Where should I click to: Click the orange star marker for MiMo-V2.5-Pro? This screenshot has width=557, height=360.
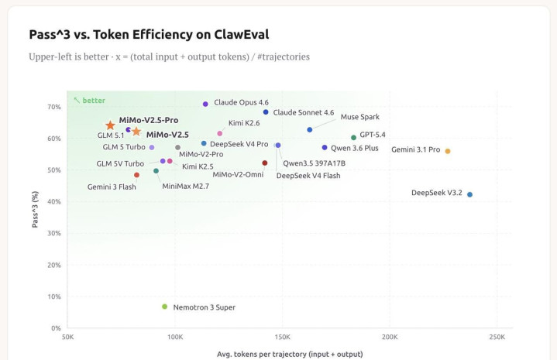pos(110,125)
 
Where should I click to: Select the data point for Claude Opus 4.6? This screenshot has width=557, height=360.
pos(205,104)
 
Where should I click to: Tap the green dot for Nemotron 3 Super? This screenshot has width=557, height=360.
pos(164,307)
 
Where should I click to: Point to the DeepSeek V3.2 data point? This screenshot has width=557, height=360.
pos(469,194)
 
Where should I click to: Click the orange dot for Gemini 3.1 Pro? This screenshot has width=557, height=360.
pos(448,151)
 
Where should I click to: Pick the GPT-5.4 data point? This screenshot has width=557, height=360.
pos(353,137)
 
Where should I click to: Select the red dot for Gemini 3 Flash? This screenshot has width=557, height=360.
pos(136,175)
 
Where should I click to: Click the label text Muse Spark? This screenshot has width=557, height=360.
pos(359,117)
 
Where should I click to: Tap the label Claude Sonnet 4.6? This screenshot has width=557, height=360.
pos(303,113)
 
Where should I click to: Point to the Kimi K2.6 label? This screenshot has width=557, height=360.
pos(244,122)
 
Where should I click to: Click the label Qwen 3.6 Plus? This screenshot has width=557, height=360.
pos(354,147)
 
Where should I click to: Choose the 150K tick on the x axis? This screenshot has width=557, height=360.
pos(282,338)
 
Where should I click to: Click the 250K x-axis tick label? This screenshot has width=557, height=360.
pos(496,338)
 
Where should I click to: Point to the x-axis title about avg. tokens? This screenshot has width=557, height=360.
pos(279,354)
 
